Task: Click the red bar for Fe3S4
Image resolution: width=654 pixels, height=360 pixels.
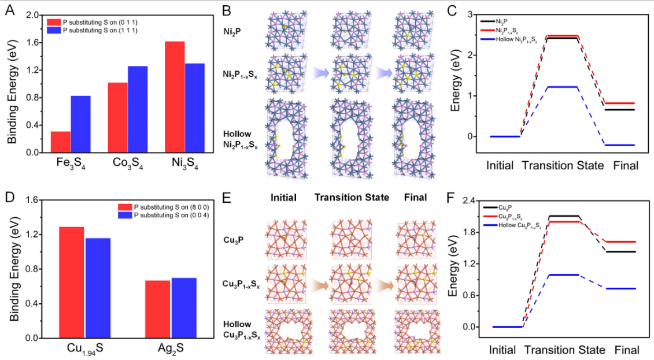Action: [x=61, y=142]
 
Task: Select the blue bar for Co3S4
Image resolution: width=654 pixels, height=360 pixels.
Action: [x=138, y=109]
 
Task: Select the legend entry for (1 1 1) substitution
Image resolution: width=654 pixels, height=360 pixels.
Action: [x=93, y=29]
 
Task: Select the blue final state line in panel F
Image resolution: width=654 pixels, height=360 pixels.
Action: [x=620, y=288]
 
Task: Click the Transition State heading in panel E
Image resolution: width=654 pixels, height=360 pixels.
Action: [x=350, y=198]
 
